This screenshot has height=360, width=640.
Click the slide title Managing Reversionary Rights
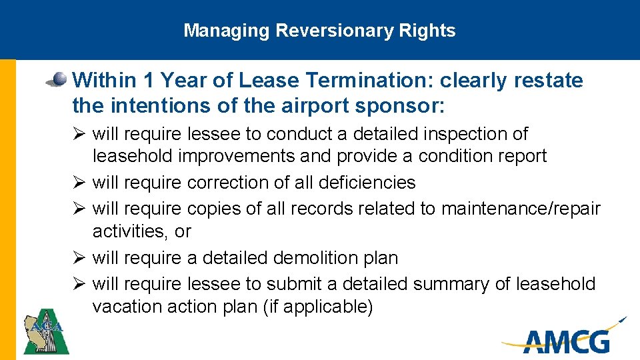pyautogui.click(x=319, y=31)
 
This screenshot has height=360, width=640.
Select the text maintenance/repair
pyautogui.click(x=521, y=209)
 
